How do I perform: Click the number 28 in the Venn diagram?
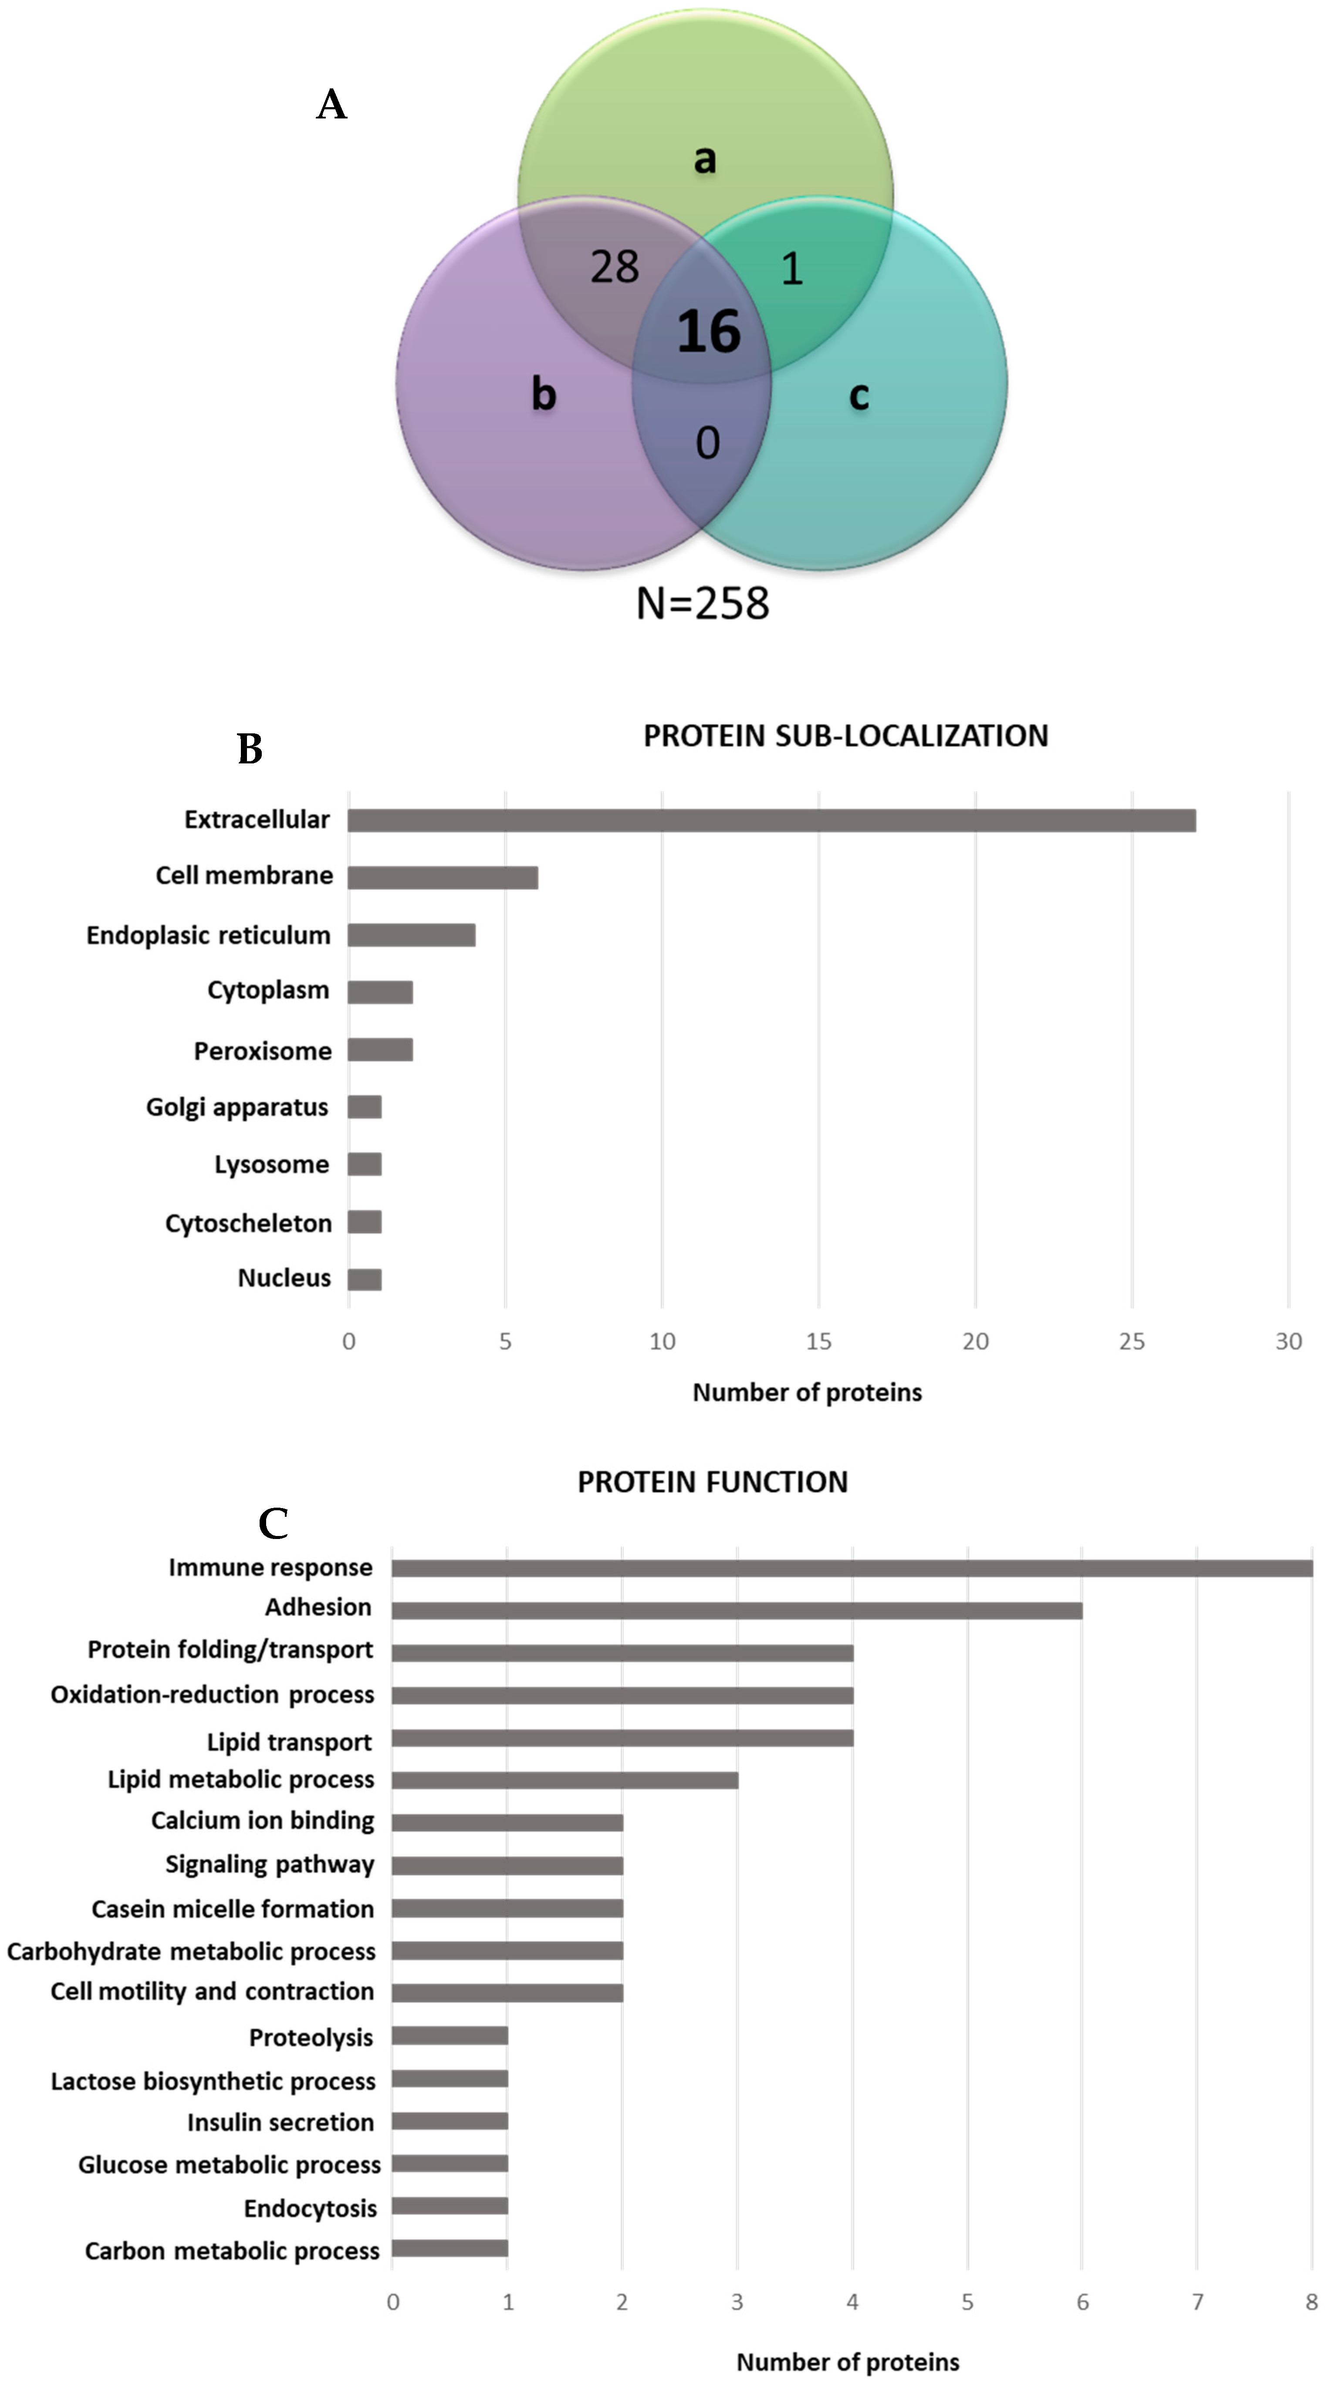click(x=615, y=267)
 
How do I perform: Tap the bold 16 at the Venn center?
click(x=709, y=331)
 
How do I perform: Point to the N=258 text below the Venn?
click(x=702, y=603)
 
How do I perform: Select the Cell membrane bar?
click(x=442, y=877)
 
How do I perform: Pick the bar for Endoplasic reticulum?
click(x=411, y=935)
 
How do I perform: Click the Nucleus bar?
click(x=365, y=1279)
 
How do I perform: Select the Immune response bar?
click(x=851, y=1568)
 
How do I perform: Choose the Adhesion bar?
click(x=737, y=1610)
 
